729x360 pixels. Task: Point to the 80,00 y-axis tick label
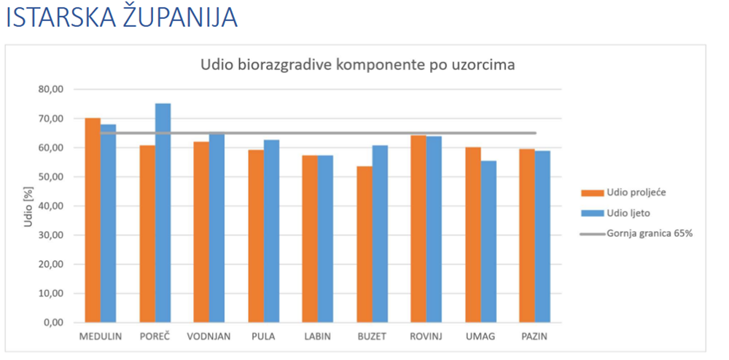[x=52, y=90]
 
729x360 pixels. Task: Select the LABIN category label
[x=317, y=337]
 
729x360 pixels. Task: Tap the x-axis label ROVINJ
[x=426, y=337]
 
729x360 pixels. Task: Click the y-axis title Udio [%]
[x=29, y=206]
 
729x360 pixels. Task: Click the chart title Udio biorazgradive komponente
[x=358, y=65]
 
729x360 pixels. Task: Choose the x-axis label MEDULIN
[x=101, y=337]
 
